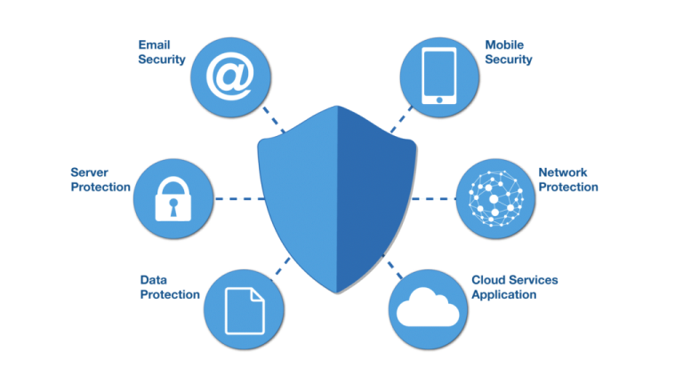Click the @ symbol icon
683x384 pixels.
click(230, 76)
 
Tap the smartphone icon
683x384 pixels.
click(439, 76)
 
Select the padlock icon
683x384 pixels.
click(173, 198)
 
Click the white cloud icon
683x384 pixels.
click(428, 308)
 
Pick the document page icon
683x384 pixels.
click(245, 311)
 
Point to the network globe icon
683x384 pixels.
click(495, 198)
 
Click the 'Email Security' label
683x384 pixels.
click(162, 52)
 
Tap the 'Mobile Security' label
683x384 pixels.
click(509, 52)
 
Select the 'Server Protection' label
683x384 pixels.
click(100, 180)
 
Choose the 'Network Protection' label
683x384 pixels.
click(568, 180)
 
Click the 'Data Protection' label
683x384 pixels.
click(170, 287)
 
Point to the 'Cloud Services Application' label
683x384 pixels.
click(514, 287)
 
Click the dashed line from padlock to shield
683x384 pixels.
click(240, 199)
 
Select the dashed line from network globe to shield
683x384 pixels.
click(433, 199)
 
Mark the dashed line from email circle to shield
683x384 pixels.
click(274, 119)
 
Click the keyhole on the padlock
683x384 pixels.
click(173, 207)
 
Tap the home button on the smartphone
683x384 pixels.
click(439, 100)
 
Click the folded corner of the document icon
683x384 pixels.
click(258, 295)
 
